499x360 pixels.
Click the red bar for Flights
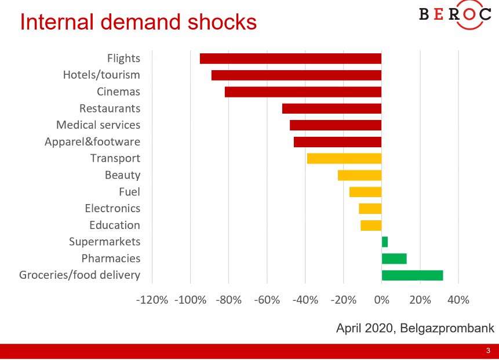point(290,59)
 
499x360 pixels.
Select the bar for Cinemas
point(303,92)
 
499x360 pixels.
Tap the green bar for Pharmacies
point(394,259)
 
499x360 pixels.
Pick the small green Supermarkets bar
point(385,242)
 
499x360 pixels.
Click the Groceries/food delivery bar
point(412,275)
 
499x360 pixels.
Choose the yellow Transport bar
point(344,158)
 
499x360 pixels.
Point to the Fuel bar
point(365,192)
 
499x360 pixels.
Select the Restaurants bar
point(332,108)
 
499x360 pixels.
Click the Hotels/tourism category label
point(101,75)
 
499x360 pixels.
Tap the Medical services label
point(98,125)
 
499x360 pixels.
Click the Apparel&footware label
point(92,142)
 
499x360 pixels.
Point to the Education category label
point(115,225)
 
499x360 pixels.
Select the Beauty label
point(122,175)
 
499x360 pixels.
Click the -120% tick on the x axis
point(152,300)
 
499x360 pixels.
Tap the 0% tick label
point(381,300)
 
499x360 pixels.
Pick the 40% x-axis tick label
point(458,300)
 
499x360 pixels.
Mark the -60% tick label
point(267,300)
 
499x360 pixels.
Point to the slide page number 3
point(488,351)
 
